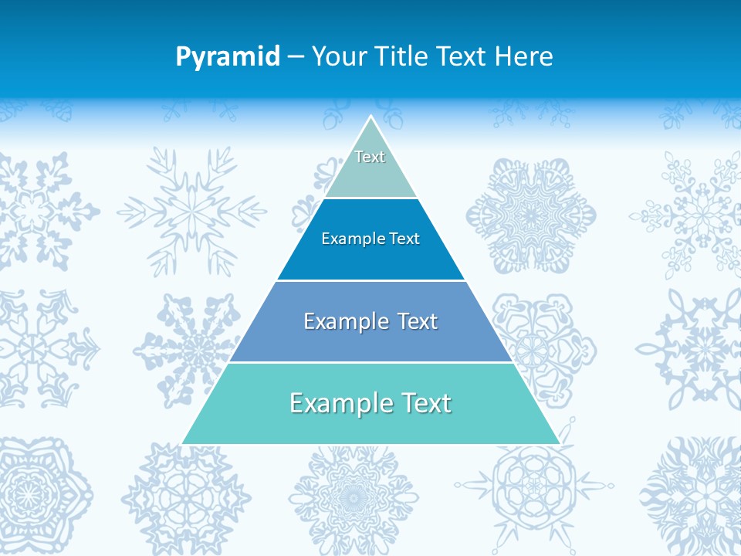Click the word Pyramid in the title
(227, 57)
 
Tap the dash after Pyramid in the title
(295, 57)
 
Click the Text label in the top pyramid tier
(370, 157)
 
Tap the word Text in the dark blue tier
(405, 239)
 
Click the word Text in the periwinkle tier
(418, 321)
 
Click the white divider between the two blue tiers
(370, 280)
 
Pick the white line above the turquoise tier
(370, 362)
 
